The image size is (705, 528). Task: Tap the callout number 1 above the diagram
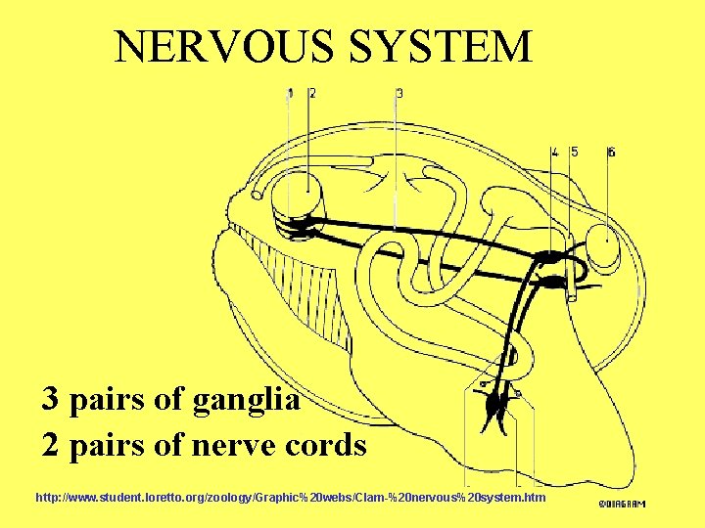(x=290, y=94)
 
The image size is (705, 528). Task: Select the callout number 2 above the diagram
(x=311, y=94)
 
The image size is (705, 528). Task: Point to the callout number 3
(x=399, y=94)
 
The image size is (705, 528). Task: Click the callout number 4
(x=555, y=152)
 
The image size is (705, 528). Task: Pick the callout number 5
(x=574, y=152)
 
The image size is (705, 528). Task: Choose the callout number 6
(x=611, y=152)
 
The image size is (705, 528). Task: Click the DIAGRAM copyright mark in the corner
(x=622, y=504)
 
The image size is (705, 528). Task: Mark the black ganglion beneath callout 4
(x=550, y=260)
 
